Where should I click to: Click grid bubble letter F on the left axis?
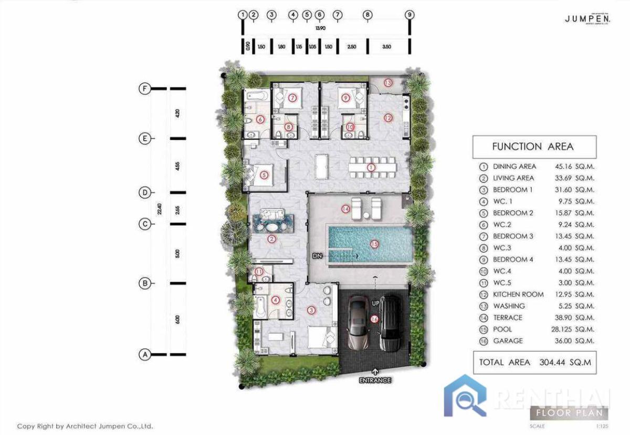[145, 89]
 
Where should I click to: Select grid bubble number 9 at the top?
[409, 15]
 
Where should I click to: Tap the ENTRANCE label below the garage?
[374, 380]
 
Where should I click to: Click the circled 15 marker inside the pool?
[374, 244]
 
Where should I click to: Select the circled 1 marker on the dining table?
[371, 168]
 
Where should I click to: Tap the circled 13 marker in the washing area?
[387, 82]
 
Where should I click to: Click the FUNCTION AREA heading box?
[534, 147]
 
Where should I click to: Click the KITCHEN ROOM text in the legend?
[518, 295]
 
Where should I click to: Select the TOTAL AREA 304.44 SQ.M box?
[534, 362]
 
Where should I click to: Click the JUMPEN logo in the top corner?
[587, 19]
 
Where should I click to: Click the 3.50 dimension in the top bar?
[387, 47]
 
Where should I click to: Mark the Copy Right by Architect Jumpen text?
[85, 427]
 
